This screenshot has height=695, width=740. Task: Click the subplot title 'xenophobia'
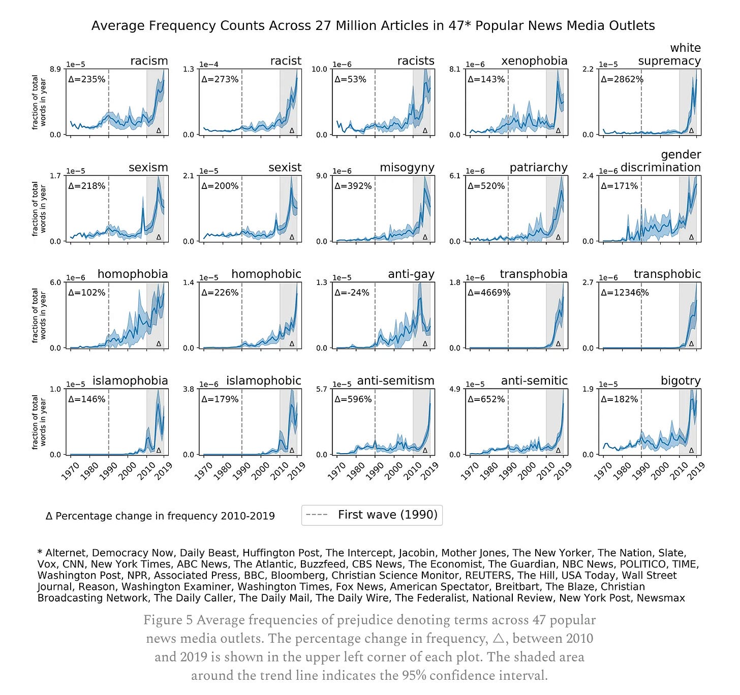[x=534, y=61]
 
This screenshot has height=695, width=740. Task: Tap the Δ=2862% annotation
[x=622, y=79]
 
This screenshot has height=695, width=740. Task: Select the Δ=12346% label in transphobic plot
[x=625, y=293]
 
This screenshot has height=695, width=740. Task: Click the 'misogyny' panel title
[x=407, y=168]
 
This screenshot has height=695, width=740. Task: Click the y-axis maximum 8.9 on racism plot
[x=55, y=69]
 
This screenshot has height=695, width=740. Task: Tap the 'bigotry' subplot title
[x=681, y=381]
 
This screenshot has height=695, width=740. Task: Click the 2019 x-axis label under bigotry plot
[x=696, y=471]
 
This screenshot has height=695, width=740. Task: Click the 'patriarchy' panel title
[x=538, y=168]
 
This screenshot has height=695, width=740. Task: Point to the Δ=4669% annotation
[x=488, y=293]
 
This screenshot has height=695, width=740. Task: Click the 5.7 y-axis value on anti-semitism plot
[x=322, y=389]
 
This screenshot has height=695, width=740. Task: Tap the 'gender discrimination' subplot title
[x=661, y=161]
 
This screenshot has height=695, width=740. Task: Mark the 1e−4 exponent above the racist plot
[x=208, y=65]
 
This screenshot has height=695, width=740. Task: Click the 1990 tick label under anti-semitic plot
[x=507, y=471]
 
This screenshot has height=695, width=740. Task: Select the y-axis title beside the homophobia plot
[x=39, y=315]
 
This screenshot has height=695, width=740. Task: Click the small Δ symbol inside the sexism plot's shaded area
[x=159, y=237]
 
